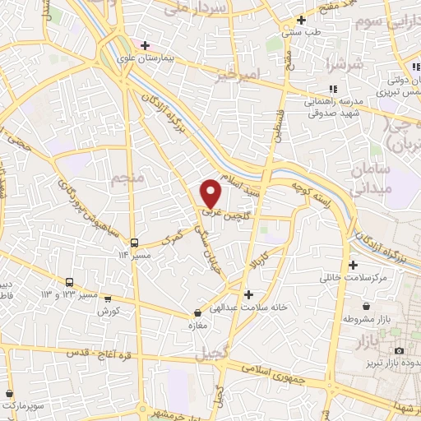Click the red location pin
click(x=211, y=192)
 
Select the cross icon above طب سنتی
click(x=302, y=20)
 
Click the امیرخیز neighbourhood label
click(x=238, y=76)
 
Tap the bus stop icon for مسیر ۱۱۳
click(x=134, y=243)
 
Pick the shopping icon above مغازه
click(x=197, y=313)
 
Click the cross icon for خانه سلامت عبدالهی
click(x=248, y=294)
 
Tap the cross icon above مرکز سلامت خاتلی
click(x=354, y=265)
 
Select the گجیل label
click(x=212, y=354)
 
